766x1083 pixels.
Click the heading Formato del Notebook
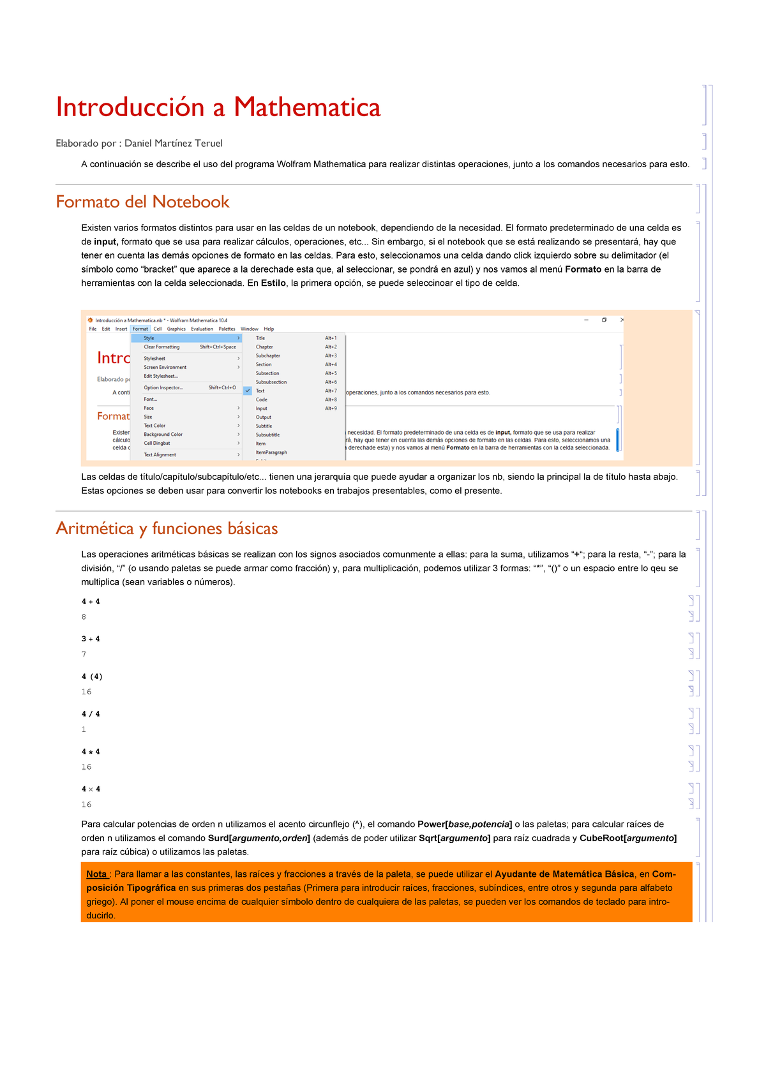[142, 202]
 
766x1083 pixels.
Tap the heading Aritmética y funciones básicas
[167, 528]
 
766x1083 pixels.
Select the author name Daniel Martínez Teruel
[173, 143]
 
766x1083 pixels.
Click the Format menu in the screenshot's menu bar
[140, 329]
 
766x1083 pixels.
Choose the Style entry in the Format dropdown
[149, 338]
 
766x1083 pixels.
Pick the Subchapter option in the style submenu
[268, 355]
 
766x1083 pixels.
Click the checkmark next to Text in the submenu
[248, 391]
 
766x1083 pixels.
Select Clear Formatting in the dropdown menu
[161, 347]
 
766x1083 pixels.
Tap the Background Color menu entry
[163, 435]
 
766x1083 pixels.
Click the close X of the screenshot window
[622, 320]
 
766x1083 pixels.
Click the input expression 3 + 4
[91, 639]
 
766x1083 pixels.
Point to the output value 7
[84, 654]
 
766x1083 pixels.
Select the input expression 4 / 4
[91, 714]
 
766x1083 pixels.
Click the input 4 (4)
[92, 676]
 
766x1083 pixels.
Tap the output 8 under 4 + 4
[84, 617]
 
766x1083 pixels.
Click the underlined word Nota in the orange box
[96, 874]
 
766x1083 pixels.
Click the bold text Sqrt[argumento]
[454, 838]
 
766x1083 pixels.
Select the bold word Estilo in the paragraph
[273, 283]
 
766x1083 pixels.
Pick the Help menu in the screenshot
[269, 329]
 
